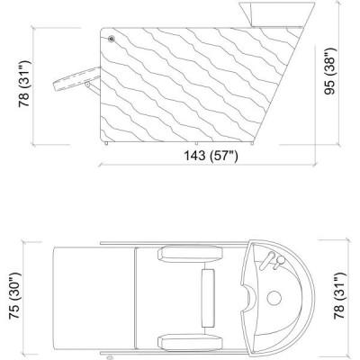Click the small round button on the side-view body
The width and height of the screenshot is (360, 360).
point(112,40)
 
